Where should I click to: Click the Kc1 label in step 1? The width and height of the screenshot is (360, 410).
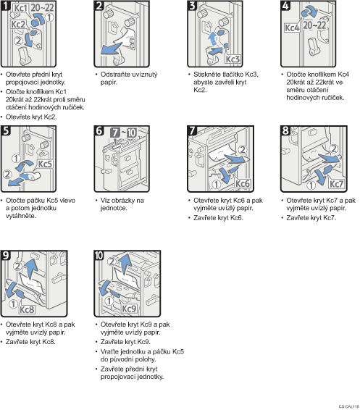[x=20, y=8]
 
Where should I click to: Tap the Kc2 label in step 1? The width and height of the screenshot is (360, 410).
[x=18, y=25]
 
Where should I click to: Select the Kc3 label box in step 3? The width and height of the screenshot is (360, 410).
[x=233, y=59]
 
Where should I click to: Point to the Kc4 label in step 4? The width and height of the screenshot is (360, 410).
[x=292, y=28]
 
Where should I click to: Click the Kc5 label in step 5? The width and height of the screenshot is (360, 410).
[x=45, y=164]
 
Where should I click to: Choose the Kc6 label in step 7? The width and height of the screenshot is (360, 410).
[x=243, y=183]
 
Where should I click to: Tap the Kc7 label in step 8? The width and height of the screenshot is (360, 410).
[x=336, y=184]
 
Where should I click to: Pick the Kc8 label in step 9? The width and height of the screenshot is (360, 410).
[x=27, y=309]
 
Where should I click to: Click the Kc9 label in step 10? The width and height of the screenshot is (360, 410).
[x=129, y=309]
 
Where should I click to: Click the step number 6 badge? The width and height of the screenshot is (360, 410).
[x=99, y=130]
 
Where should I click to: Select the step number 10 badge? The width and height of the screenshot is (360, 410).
[x=99, y=255]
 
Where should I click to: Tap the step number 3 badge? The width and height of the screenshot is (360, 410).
[x=192, y=5]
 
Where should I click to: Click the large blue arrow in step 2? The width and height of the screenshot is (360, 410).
[x=112, y=49]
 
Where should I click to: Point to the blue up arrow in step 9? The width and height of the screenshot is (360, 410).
[x=30, y=269]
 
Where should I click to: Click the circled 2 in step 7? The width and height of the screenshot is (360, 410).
[x=243, y=149]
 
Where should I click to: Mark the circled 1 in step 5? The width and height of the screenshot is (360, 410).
[x=16, y=159]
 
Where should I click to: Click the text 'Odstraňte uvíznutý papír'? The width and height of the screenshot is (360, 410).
[x=129, y=78]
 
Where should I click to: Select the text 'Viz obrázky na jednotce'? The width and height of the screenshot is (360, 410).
[x=122, y=204]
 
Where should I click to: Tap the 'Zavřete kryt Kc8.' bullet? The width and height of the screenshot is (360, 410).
[x=30, y=342]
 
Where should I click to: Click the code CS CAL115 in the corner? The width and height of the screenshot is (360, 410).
[x=348, y=406]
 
